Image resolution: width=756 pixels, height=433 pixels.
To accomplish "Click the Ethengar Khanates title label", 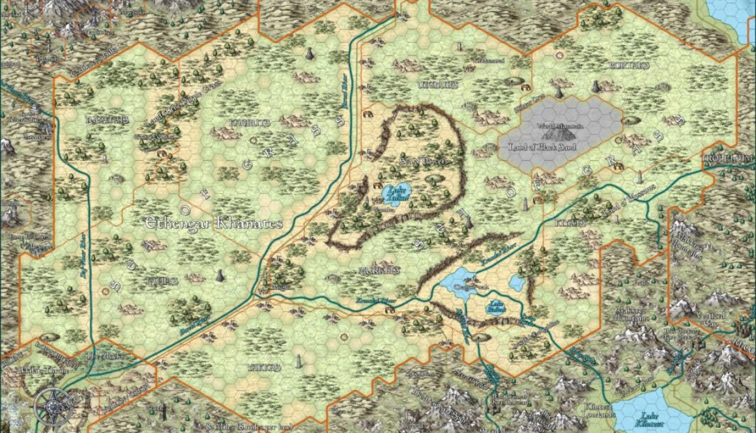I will tap(214, 223).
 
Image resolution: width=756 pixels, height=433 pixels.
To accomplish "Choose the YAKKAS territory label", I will tap(263, 367).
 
